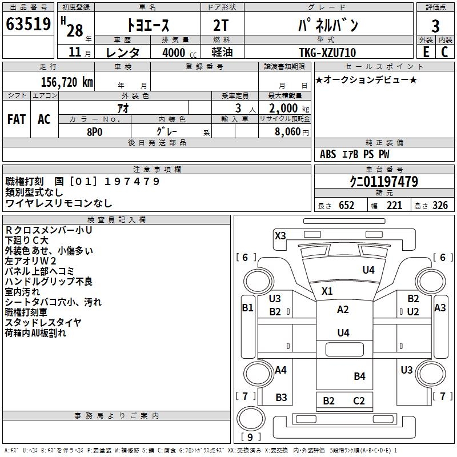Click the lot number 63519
[28, 24]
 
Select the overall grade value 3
[435, 26]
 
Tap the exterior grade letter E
[426, 52]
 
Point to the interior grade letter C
[444, 52]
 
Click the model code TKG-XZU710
[327, 53]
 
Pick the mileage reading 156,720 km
[67, 82]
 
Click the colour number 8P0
[95, 132]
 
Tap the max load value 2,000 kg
[289, 109]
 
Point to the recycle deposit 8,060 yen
[291, 132]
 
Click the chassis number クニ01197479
[384, 181]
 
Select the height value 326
[440, 206]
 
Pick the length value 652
[346, 206]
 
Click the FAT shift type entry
[17, 119]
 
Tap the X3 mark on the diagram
[280, 235]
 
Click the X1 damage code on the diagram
[327, 291]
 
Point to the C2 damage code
[359, 401]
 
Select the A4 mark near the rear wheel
[280, 370]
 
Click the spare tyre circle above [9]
[251, 419]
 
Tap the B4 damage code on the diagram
[360, 376]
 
